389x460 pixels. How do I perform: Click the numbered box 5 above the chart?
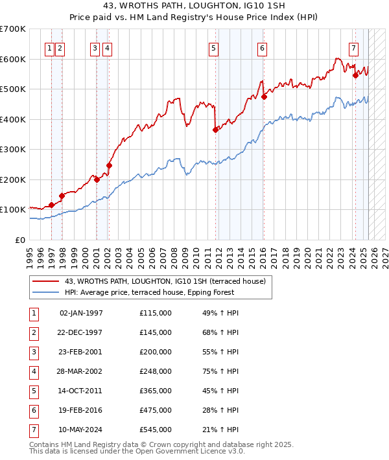213,47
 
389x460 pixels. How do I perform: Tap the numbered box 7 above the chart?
353,47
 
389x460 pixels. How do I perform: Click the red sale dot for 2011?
215,130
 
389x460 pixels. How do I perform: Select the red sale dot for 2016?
265,97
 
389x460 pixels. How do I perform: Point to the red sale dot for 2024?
355,75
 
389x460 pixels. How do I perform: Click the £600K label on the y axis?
13,59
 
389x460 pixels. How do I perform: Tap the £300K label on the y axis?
13,150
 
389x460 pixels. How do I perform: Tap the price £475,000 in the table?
156,410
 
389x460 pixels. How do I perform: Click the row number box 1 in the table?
33,313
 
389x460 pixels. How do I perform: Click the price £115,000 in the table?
156,313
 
